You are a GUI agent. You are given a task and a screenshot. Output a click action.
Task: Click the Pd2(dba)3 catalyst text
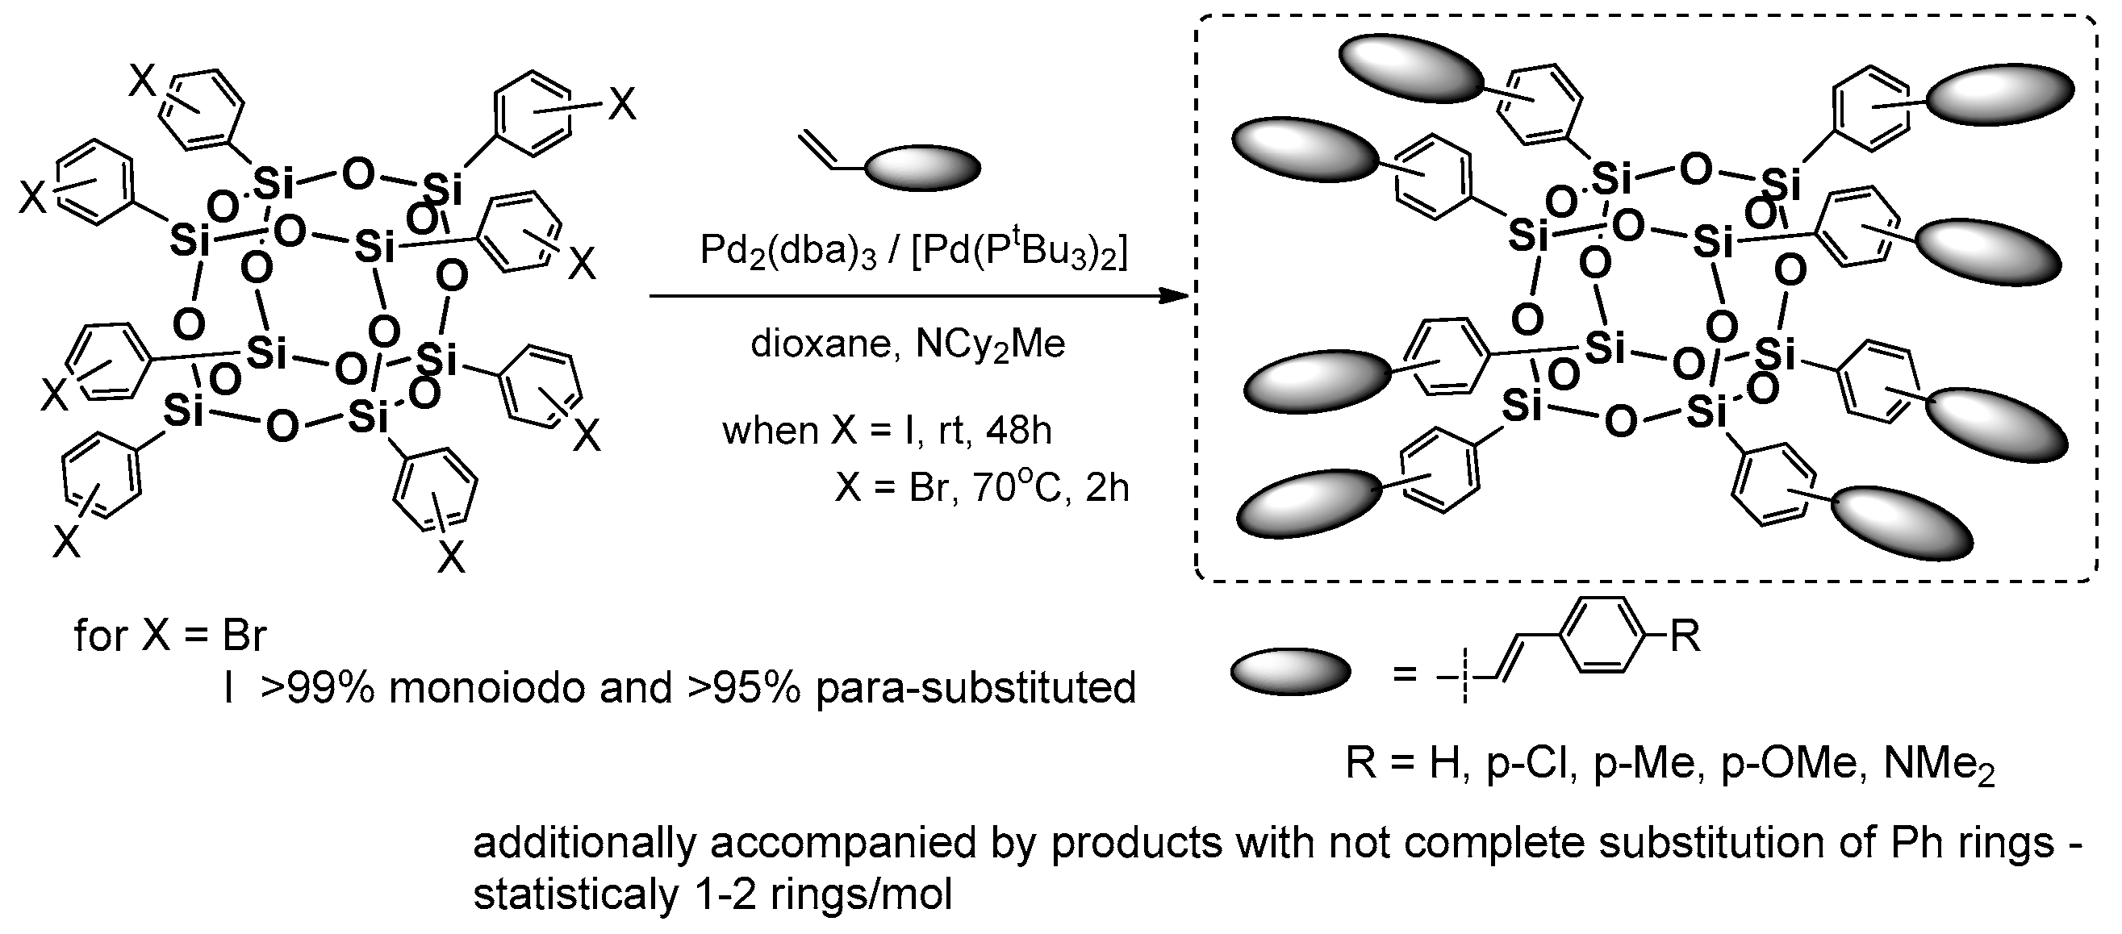click(x=787, y=250)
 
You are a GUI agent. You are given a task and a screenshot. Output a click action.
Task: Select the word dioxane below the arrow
click(x=820, y=344)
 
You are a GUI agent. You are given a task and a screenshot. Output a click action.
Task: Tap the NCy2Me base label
click(x=989, y=344)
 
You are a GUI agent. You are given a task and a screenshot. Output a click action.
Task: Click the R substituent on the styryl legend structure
click(x=1685, y=636)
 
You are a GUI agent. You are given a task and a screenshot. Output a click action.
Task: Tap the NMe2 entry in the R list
click(x=1939, y=765)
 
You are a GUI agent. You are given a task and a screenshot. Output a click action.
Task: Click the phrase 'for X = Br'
click(x=169, y=636)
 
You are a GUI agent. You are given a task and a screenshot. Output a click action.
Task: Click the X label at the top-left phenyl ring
click(x=143, y=81)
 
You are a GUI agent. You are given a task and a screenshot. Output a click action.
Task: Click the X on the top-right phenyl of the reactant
click(x=622, y=105)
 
